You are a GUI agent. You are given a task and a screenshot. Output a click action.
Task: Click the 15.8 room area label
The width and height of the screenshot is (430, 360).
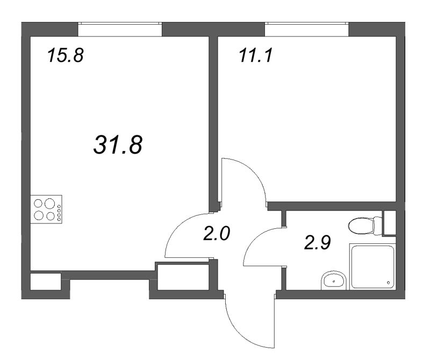(x=66, y=55)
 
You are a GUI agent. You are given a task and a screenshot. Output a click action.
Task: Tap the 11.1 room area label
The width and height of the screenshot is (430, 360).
(x=256, y=55)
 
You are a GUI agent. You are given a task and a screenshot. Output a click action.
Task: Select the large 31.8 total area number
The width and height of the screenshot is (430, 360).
(x=118, y=144)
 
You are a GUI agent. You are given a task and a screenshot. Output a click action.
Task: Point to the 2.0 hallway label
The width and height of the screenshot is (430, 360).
(x=217, y=234)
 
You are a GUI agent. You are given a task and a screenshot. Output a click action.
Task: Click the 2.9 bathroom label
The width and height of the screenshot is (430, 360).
(x=317, y=242)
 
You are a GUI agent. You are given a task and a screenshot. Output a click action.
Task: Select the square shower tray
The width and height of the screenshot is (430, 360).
(x=372, y=267)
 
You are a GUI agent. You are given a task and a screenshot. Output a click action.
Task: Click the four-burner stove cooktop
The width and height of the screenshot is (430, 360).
(x=46, y=210)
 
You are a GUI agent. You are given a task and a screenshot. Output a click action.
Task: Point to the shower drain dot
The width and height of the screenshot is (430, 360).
(x=388, y=281)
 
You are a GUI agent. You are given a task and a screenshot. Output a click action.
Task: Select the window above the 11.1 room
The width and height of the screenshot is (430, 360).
(x=307, y=29)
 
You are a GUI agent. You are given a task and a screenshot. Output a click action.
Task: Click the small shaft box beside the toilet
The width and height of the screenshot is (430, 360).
(x=390, y=223)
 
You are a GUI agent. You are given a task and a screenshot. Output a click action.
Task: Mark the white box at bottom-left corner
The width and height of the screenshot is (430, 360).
(x=45, y=282)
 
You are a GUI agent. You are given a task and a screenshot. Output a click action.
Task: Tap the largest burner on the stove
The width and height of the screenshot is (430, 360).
(x=49, y=204)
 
